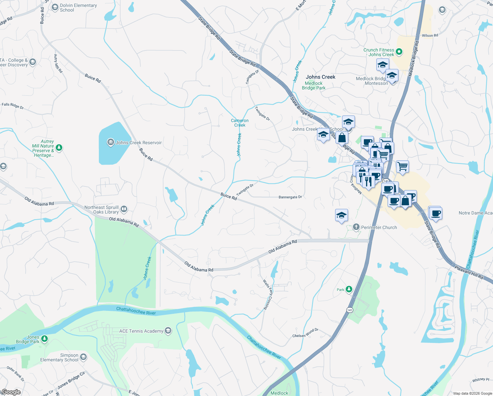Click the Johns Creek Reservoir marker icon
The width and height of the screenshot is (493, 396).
pyautogui.click(x=110, y=143)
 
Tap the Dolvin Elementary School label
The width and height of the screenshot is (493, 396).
pyautogui.click(x=78, y=8)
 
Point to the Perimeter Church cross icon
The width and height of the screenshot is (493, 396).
pyautogui.click(x=356, y=227)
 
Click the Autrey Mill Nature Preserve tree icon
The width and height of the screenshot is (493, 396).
pyautogui.click(x=59, y=148)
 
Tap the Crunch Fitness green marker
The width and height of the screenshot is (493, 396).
pyautogui.click(x=399, y=51)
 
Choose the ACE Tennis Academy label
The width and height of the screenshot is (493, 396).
pyautogui.click(x=141, y=331)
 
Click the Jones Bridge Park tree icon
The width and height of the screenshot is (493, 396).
pyautogui.click(x=44, y=339)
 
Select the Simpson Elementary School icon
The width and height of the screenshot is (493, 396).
pyautogui.click(x=83, y=357)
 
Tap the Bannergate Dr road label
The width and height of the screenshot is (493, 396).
pyautogui.click(x=290, y=197)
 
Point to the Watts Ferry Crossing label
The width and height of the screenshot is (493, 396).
pyautogui.click(x=268, y=294)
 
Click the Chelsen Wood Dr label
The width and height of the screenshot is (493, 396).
pyautogui.click(x=305, y=333)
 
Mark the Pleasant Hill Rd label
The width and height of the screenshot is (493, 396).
pyautogui.click(x=469, y=272)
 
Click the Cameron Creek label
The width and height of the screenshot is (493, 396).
pyautogui.click(x=240, y=123)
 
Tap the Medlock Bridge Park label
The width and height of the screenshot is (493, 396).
pyautogui.click(x=313, y=86)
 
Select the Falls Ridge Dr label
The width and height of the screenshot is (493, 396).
pyautogui.click(x=13, y=106)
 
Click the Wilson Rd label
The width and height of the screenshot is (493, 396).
pyautogui.click(x=430, y=36)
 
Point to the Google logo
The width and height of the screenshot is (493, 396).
pyautogui.click(x=11, y=392)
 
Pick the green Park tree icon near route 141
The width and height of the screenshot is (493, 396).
pyautogui.click(x=349, y=289)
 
